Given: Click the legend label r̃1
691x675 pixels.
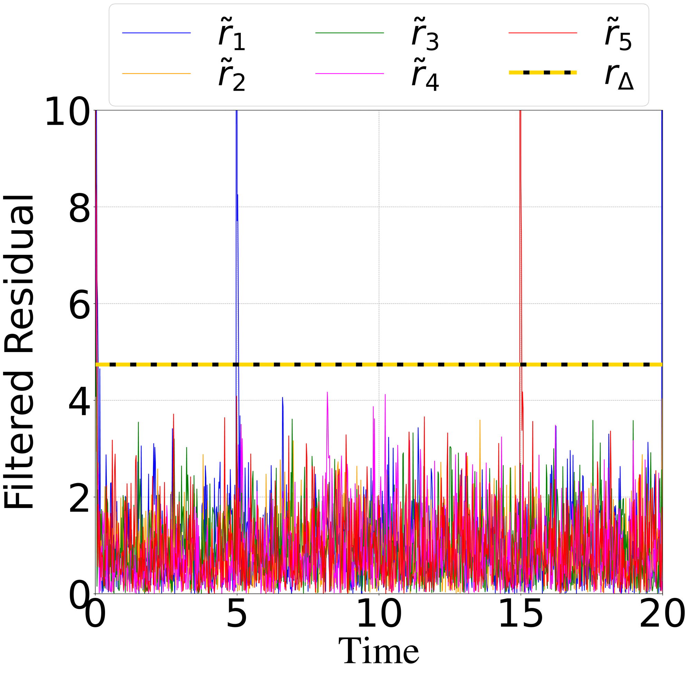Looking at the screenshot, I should [231, 36].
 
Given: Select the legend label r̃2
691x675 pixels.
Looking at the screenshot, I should [231, 77].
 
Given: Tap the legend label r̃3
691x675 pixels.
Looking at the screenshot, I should [425, 36].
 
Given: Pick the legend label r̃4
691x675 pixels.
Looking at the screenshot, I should [425, 77].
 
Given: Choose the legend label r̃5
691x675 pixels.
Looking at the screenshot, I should [618, 36].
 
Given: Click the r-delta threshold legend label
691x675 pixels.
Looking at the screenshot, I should [619, 77].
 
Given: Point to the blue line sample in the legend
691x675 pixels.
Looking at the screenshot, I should [156, 33].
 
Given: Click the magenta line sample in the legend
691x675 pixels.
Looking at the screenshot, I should [350, 73].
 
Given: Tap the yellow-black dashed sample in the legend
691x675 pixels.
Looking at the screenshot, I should [542, 73].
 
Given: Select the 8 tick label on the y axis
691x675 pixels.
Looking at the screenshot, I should [79, 209].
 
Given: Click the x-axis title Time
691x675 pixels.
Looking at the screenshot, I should [379, 651].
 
